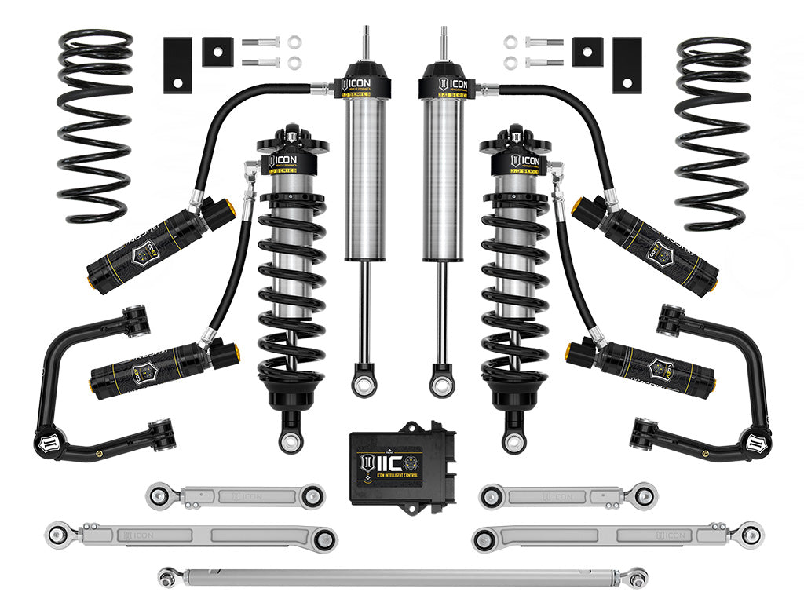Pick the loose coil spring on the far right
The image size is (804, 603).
(713, 133)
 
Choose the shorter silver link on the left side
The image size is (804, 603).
(236, 495)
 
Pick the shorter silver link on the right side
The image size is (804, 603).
(568, 495)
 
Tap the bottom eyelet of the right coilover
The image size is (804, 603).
(513, 442)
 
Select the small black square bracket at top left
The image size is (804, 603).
(214, 52)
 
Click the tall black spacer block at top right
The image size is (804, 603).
(627, 64)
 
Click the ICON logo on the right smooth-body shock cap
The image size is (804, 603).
(452, 84)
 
